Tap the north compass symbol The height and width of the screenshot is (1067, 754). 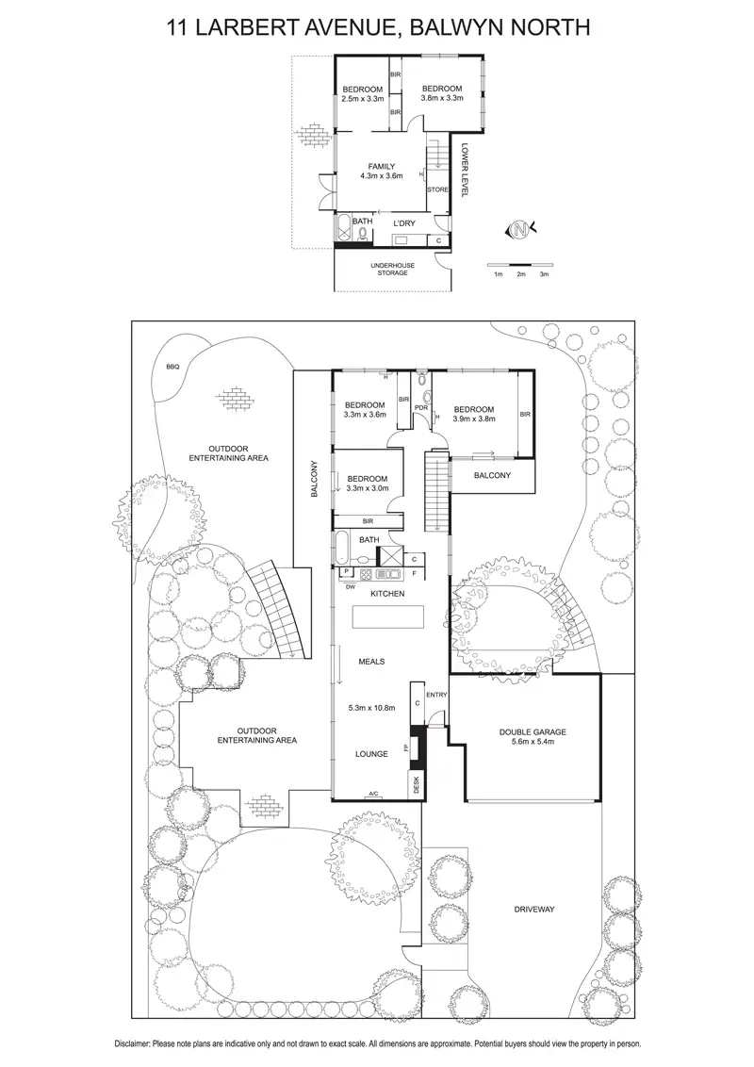pyautogui.click(x=518, y=229)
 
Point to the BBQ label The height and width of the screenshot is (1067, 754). pyautogui.click(x=172, y=367)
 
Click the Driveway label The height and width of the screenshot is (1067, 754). pyautogui.click(x=534, y=910)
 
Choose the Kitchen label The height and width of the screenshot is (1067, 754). pyautogui.click(x=387, y=594)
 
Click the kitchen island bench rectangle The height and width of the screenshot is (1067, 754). pyautogui.click(x=387, y=618)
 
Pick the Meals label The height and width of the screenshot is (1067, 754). pyautogui.click(x=371, y=662)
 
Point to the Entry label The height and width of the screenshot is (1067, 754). pyautogui.click(x=436, y=695)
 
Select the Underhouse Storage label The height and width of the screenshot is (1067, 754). pyautogui.click(x=392, y=269)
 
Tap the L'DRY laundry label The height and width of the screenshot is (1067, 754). pyautogui.click(x=403, y=222)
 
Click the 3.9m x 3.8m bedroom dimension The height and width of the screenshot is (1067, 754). pyautogui.click(x=474, y=420)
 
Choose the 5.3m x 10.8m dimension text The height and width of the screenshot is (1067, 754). pyautogui.click(x=372, y=708)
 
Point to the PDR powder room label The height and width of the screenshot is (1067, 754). pyautogui.click(x=421, y=407)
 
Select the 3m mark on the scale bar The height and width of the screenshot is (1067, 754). pyautogui.click(x=544, y=274)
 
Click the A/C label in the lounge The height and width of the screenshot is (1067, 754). pyautogui.click(x=373, y=794)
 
